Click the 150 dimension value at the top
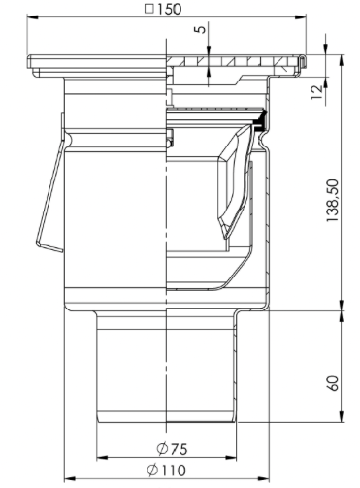(x=170, y=9)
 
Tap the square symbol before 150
(x=149, y=9)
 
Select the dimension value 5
(x=201, y=29)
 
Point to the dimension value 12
(x=317, y=92)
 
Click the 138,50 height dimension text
(x=332, y=201)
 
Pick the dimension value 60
(x=333, y=383)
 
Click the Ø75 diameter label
(x=172, y=449)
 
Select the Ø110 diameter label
(x=167, y=470)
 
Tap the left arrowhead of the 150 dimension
(x=32, y=17)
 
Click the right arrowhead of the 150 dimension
(x=301, y=17)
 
